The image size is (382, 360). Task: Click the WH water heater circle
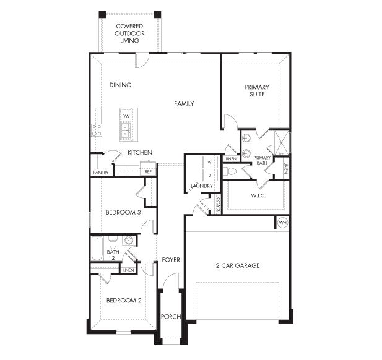pyautogui.click(x=282, y=223)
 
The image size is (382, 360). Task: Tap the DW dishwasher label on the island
pyautogui.click(x=126, y=116)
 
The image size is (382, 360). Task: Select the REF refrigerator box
pyautogui.click(x=148, y=169)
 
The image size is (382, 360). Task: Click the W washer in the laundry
pyautogui.click(x=209, y=162)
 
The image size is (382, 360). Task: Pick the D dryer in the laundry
pyautogui.click(x=209, y=175)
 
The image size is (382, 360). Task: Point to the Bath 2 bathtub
pyautogui.click(x=97, y=248)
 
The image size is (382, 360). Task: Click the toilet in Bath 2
pyautogui.click(x=113, y=242)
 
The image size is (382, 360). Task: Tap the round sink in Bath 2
pyautogui.click(x=129, y=241)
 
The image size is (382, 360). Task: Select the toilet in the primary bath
pyautogui.click(x=230, y=171)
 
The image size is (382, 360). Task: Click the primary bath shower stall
pyautogui.click(x=282, y=143)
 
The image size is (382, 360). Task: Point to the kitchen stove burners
pyautogui.click(x=96, y=131)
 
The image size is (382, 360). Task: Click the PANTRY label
pyautogui.click(x=101, y=173)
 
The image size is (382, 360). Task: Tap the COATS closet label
pyautogui.click(x=218, y=204)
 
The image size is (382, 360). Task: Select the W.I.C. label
pyautogui.click(x=258, y=195)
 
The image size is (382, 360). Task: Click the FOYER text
pyautogui.click(x=171, y=260)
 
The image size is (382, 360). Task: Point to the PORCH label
pyautogui.click(x=171, y=317)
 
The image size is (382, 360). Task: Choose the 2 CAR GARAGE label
pyautogui.click(x=238, y=265)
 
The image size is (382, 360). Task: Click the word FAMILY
pyautogui.click(x=184, y=104)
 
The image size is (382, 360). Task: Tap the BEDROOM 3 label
pyautogui.click(x=123, y=212)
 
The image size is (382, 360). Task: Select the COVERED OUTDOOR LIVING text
pyautogui.click(x=129, y=33)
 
